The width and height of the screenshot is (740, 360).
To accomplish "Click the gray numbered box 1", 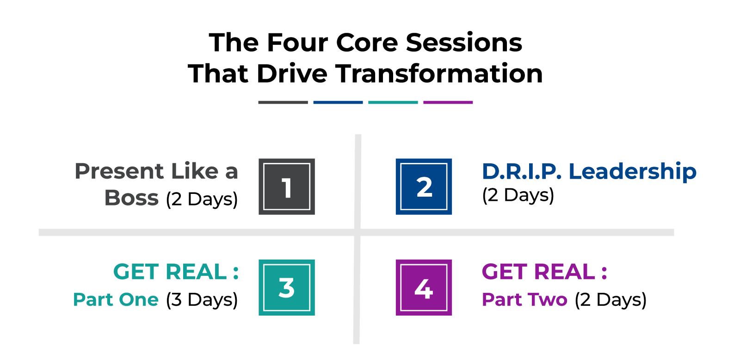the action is click(287, 186).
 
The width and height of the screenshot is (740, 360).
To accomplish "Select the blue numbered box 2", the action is click(424, 186).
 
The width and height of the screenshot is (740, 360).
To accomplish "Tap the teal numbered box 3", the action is click(287, 288).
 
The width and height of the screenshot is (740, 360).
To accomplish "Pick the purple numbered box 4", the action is click(424, 288).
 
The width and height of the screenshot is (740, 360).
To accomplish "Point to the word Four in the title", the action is click(298, 43).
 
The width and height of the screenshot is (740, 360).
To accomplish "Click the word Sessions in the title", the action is click(464, 43).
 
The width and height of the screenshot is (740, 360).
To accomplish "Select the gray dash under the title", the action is click(283, 102).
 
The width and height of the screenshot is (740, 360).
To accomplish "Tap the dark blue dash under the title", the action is click(338, 102).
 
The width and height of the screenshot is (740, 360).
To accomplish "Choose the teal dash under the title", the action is click(393, 102).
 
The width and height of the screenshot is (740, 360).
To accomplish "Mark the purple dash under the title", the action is click(448, 102).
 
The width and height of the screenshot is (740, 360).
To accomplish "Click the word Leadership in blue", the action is click(633, 172).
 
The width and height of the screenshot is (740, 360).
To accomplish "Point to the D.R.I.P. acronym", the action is click(522, 172).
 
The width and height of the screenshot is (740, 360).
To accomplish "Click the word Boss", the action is click(131, 198).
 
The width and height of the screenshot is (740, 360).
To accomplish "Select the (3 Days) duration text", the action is click(202, 300).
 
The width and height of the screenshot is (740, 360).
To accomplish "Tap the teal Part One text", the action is click(116, 299).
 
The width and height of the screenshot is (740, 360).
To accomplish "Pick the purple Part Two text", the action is click(524, 299).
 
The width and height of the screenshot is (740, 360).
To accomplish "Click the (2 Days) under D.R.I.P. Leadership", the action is click(518, 195).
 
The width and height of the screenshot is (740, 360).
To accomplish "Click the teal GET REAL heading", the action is click(176, 272).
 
